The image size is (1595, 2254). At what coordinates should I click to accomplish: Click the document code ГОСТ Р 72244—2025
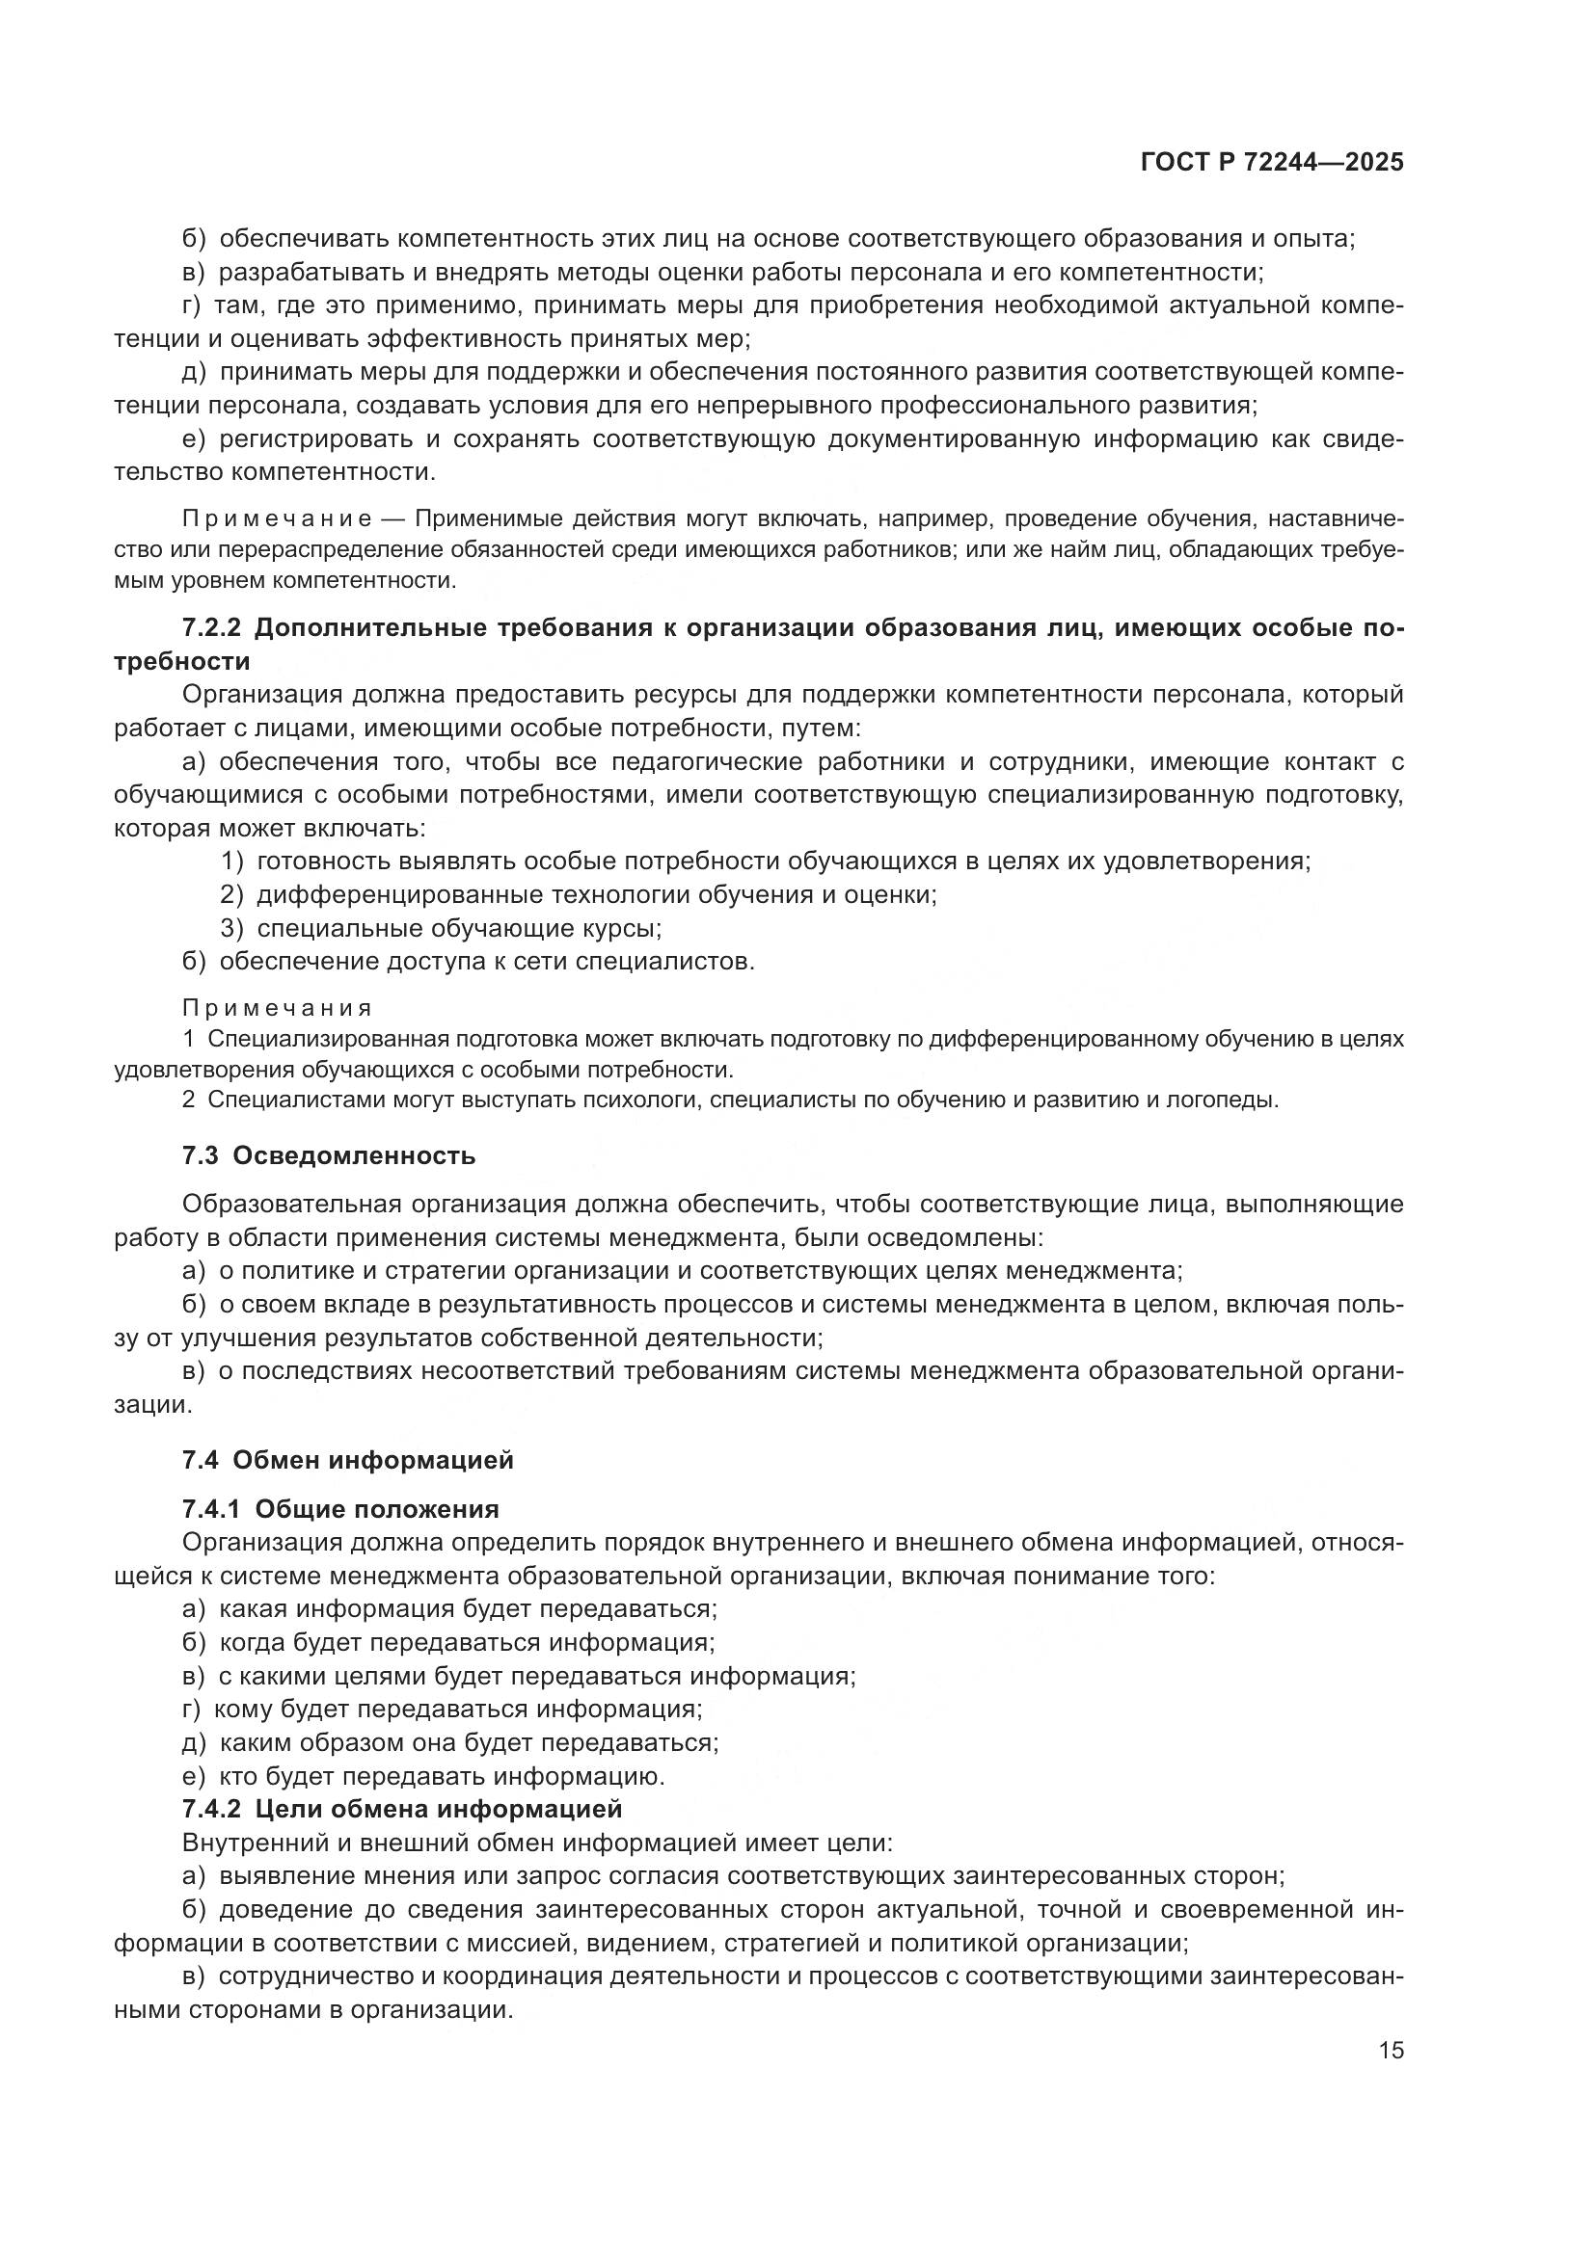[x=1272, y=163]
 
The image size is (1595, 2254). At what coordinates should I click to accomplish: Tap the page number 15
[x=1391, y=2051]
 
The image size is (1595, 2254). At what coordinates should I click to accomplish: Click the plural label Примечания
[x=277, y=1008]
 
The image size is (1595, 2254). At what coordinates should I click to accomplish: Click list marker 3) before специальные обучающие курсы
[x=231, y=929]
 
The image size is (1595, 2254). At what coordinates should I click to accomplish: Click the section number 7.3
[x=201, y=1156]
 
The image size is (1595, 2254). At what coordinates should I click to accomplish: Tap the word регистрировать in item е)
[x=313, y=439]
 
